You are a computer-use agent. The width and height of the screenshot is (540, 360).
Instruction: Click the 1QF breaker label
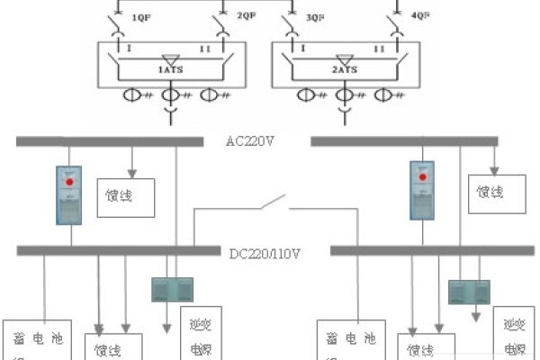pyautogui.click(x=140, y=17)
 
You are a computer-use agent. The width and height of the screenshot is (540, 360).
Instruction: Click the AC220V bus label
pyautogui.click(x=256, y=141)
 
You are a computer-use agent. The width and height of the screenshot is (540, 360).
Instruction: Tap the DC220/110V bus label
pyautogui.click(x=265, y=253)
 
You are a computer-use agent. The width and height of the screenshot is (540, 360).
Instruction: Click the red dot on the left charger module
pyautogui.click(x=68, y=183)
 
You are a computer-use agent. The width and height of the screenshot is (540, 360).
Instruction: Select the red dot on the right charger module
pyautogui.click(x=419, y=179)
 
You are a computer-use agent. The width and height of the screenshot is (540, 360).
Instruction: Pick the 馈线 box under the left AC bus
pyautogui.click(x=125, y=197)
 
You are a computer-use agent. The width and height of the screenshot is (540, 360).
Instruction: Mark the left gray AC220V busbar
pyautogui.click(x=108, y=140)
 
